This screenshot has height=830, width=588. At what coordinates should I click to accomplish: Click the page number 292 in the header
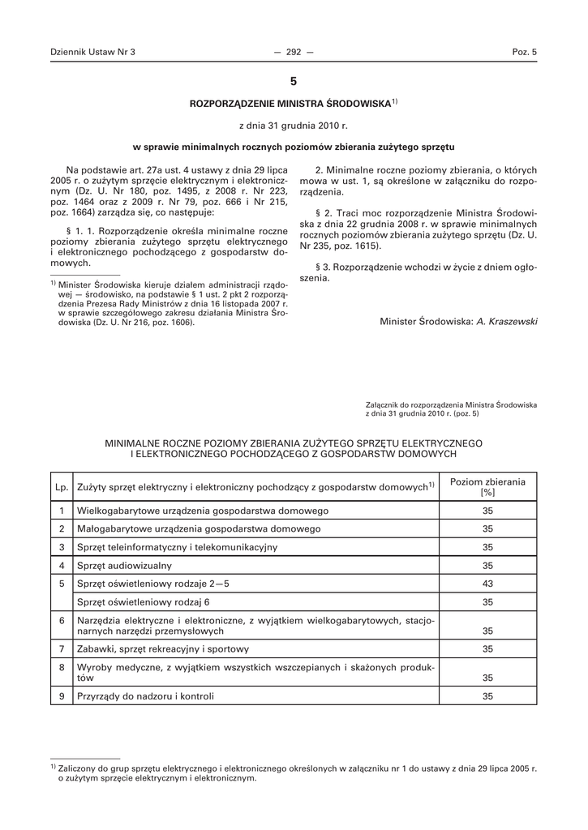coord(294,52)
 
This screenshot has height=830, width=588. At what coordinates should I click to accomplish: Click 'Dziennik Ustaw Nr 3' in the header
coord(92,52)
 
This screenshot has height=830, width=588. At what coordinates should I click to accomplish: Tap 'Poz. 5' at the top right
coord(525,52)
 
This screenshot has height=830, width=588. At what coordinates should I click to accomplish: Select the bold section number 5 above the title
coord(294,82)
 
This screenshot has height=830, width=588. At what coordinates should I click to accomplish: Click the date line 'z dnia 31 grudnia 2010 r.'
coord(293,126)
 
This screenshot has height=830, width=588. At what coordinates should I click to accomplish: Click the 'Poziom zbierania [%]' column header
coord(487,486)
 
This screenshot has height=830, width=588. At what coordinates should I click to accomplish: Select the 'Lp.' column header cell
coord(62,487)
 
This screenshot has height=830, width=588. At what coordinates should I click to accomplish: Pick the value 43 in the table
coord(487,584)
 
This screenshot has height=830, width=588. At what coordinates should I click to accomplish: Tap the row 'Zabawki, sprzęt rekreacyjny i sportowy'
coord(163,649)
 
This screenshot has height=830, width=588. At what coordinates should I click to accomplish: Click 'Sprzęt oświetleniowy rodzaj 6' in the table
coord(144,602)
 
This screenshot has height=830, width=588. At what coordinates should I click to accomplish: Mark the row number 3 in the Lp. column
coord(62,547)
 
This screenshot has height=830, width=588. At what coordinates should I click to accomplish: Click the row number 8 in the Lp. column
coord(62,667)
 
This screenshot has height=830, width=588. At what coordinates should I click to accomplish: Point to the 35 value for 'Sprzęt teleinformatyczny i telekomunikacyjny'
coord(487,547)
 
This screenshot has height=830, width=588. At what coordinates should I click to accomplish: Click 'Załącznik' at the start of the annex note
coord(384,404)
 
